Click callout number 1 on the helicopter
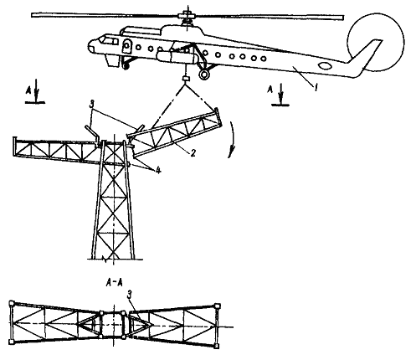(316, 88)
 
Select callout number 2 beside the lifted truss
(193, 152)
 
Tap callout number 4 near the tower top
(158, 169)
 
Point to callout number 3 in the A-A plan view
(129, 296)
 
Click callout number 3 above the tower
(91, 105)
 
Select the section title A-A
(115, 283)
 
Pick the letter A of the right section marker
(270, 89)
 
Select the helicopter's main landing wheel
(204, 75)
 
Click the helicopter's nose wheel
(126, 66)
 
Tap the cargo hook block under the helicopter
(186, 79)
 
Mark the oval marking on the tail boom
(325, 66)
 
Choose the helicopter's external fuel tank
(177, 57)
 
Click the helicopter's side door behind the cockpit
(126, 47)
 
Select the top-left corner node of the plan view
(12, 303)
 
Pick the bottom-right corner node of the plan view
(216, 346)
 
